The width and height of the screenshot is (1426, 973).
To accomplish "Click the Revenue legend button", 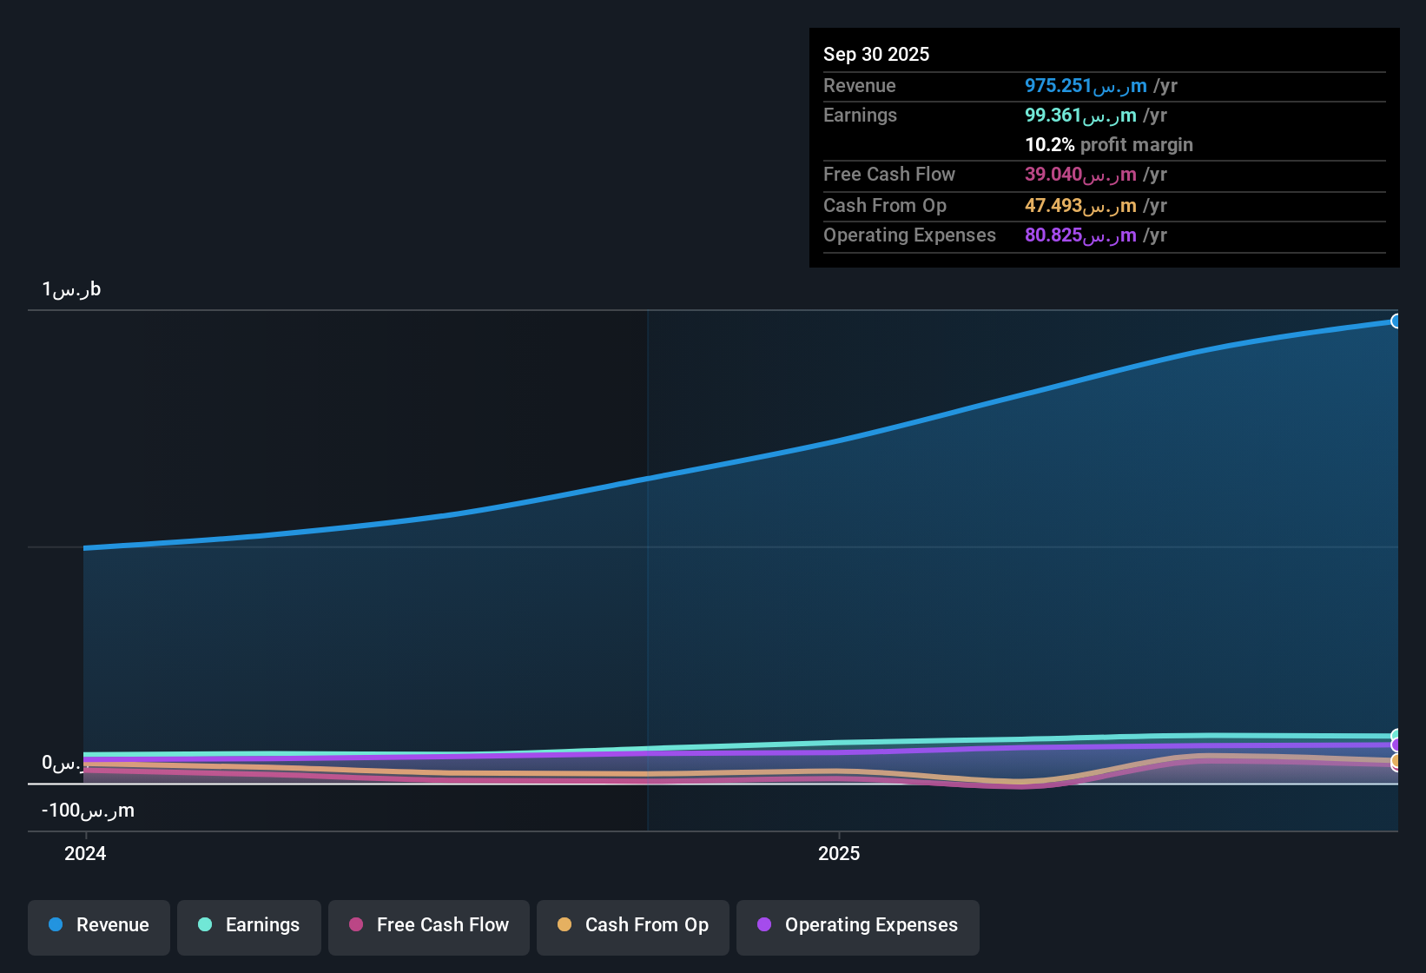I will pos(99,925).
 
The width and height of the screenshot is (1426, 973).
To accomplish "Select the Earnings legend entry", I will pos(249,925).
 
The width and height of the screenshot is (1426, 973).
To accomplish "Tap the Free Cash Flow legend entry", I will pos(429,925).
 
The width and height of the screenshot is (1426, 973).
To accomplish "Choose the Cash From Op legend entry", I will pos(633,925).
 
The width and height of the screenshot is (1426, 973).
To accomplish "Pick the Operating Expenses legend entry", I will pos(858,925).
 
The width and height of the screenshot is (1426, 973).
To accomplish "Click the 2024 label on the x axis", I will pos(85,853).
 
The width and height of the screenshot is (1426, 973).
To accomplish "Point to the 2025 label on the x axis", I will pos(839,853).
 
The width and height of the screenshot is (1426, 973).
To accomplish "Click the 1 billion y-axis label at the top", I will pos(71,289).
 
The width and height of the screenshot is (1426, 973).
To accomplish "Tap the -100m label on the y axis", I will pos(88,811).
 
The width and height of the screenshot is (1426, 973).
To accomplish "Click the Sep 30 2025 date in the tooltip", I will pos(876,54).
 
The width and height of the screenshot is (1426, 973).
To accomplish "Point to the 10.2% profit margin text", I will pos(1108,145).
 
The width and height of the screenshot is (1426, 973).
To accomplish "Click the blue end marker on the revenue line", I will pos(1396,321).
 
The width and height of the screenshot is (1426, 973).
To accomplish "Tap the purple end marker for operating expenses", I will pos(1396,745).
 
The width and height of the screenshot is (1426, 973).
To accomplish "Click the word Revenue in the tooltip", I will pos(859,86).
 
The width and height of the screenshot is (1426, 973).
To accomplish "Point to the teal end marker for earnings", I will pos(1396,735).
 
